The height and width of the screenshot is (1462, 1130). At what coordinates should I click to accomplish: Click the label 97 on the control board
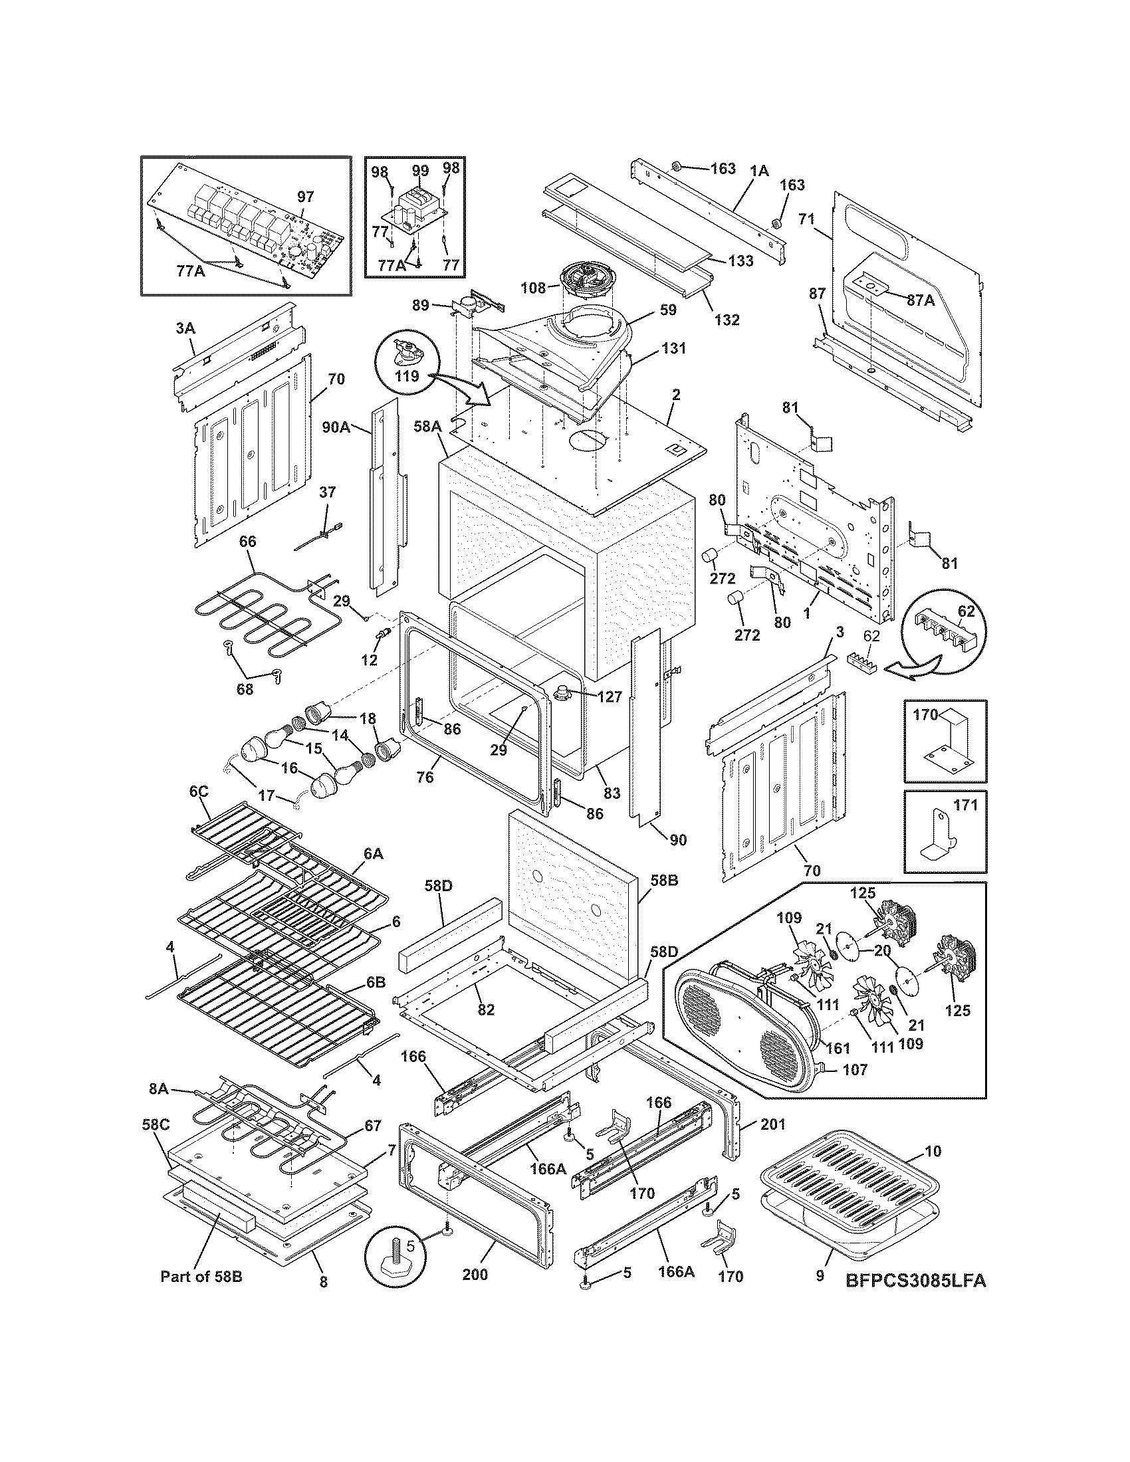coord(305,197)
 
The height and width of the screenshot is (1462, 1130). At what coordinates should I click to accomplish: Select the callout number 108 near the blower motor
coord(534,289)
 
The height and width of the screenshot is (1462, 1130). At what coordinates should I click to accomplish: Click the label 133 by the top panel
coord(740,261)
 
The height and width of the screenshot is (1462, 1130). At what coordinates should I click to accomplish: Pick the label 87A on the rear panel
coord(921,300)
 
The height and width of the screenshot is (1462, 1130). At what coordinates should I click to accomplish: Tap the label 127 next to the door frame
coord(610,696)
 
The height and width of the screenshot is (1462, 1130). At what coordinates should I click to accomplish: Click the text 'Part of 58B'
coord(201,1277)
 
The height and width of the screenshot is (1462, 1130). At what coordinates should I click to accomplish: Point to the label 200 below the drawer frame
coord(475,1275)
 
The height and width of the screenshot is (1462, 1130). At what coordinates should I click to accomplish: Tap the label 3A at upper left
coord(185,329)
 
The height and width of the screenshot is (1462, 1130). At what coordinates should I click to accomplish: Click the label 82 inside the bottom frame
coord(486,1009)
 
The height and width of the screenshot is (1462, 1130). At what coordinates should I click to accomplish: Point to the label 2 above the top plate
coord(676,395)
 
